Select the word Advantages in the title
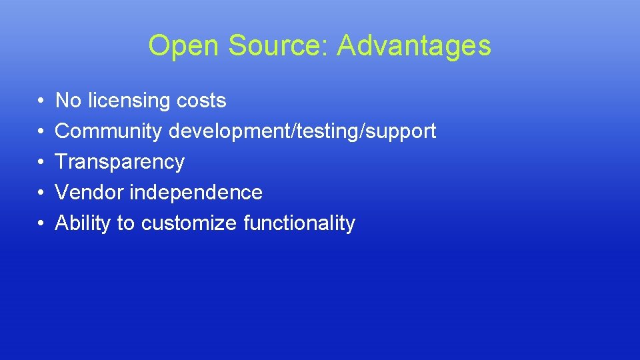tap(414, 46)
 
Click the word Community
tap(108, 131)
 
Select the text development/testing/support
tap(302, 131)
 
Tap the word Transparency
tap(119, 162)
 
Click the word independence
tap(196, 193)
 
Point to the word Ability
tap(83, 223)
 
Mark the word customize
tap(189, 223)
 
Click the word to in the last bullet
tap(125, 223)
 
